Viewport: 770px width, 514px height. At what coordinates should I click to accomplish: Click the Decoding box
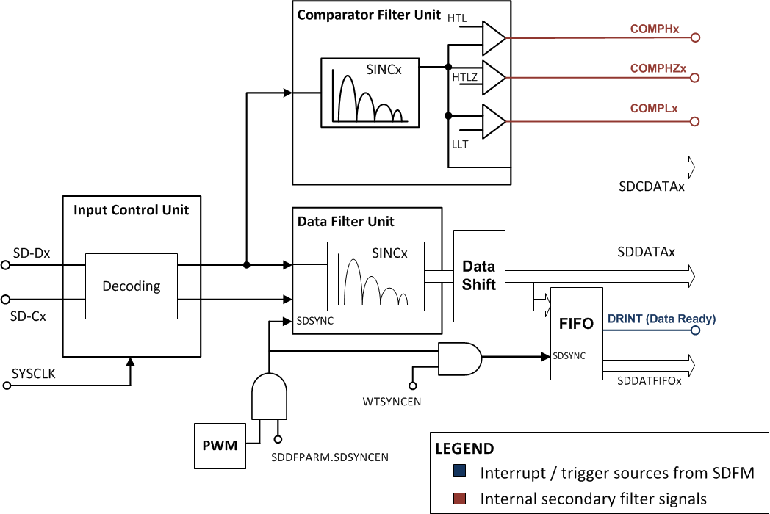[x=132, y=286]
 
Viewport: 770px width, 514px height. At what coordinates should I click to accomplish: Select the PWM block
[x=220, y=445]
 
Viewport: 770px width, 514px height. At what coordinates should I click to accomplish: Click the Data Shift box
[x=479, y=275]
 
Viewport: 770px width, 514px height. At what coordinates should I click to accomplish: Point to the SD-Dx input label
[x=32, y=253]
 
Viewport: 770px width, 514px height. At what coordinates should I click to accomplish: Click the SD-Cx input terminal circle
[x=6, y=300]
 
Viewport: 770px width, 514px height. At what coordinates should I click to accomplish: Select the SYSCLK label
[x=34, y=374]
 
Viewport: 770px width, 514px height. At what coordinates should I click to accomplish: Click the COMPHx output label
[x=654, y=29]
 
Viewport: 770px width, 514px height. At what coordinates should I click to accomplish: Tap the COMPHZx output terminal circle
[x=695, y=78]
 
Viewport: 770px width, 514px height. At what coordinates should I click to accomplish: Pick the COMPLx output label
[x=654, y=108]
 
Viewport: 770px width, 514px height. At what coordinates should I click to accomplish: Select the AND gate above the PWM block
[x=268, y=394]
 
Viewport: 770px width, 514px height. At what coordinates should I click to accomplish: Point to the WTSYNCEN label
[x=392, y=402]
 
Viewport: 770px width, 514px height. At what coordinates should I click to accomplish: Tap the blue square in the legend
[x=458, y=472]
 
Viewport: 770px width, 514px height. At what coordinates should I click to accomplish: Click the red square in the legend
[x=458, y=499]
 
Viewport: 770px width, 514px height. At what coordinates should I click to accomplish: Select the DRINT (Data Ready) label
[x=661, y=319]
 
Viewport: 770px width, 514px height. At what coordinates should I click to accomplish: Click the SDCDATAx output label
[x=651, y=187]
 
